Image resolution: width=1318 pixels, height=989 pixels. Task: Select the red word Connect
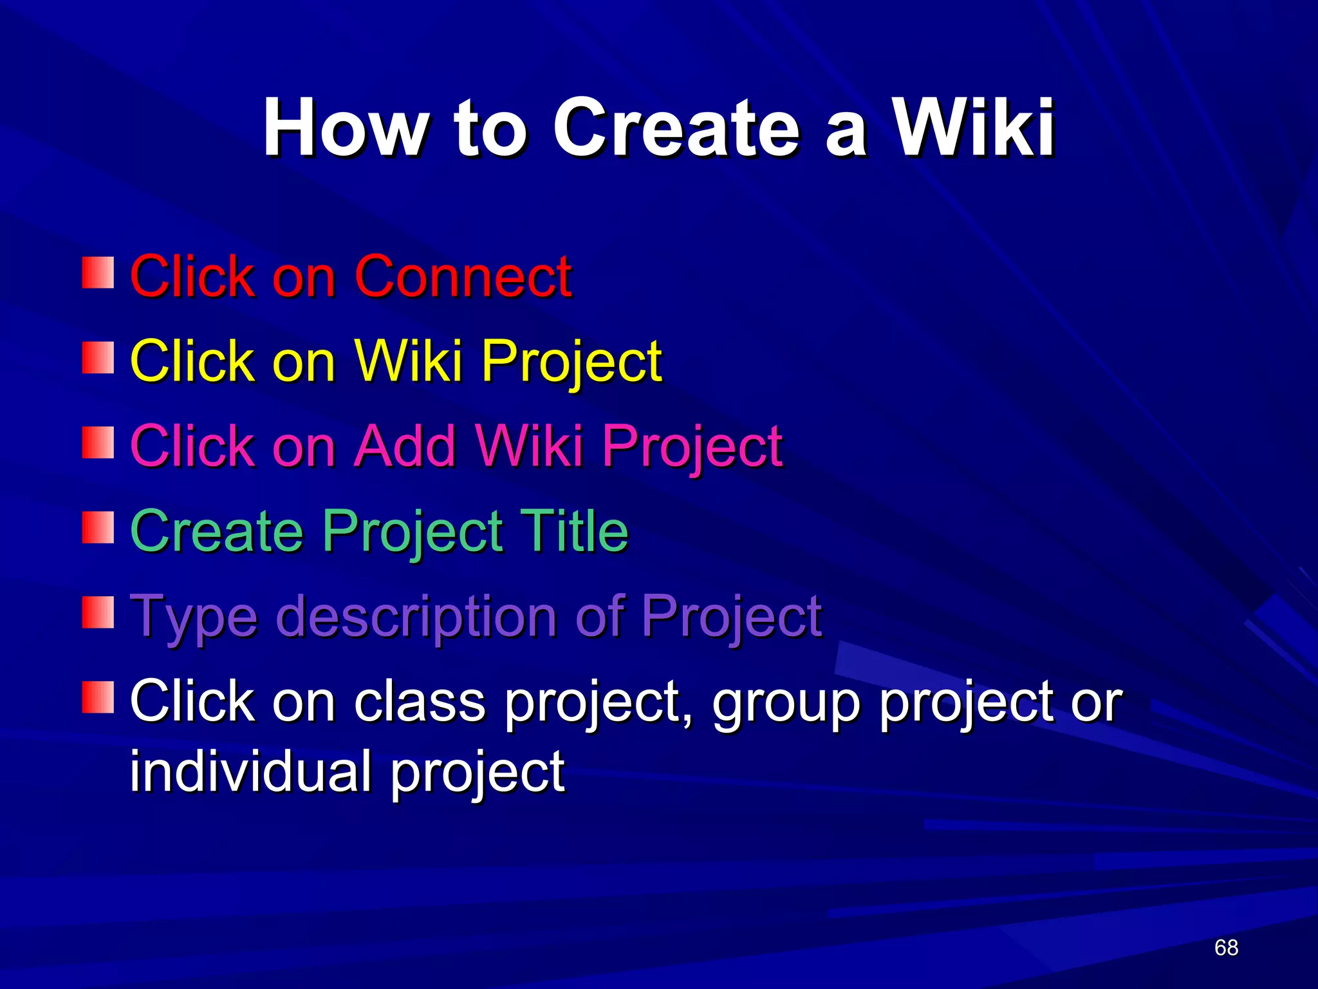pyautogui.click(x=463, y=276)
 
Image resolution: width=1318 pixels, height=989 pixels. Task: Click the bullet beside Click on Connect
pyautogui.click(x=98, y=273)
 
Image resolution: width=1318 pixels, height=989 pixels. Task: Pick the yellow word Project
pyautogui.click(x=571, y=362)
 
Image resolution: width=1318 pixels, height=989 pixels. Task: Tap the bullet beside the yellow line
pyautogui.click(x=98, y=358)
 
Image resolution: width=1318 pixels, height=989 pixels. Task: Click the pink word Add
pyautogui.click(x=406, y=446)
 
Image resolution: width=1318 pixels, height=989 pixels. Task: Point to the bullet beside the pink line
pyautogui.click(x=98, y=443)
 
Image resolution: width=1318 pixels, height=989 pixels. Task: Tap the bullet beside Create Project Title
pyautogui.click(x=98, y=528)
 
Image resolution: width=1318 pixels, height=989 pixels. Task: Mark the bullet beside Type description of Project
pyautogui.click(x=98, y=613)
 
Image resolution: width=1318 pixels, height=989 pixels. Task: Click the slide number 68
pyautogui.click(x=1226, y=948)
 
